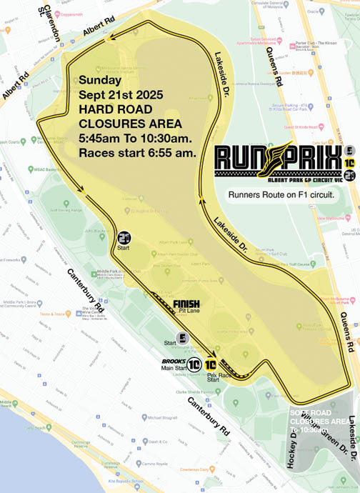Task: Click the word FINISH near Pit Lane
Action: (x=186, y=304)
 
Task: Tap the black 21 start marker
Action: (x=124, y=239)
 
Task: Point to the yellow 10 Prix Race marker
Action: (x=211, y=364)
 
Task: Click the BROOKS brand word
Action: (x=174, y=361)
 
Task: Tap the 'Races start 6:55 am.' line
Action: (x=137, y=152)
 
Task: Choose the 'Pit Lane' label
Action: (x=187, y=312)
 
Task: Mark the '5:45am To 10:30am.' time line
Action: (x=134, y=138)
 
